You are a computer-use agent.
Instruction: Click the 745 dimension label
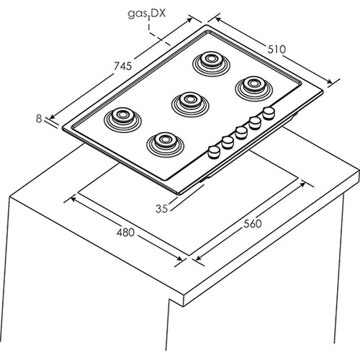(x=122, y=66)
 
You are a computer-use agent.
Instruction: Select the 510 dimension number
(x=276, y=49)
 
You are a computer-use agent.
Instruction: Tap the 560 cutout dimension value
(x=253, y=224)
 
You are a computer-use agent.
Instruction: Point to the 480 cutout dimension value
(x=125, y=233)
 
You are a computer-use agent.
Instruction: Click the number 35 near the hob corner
(x=161, y=209)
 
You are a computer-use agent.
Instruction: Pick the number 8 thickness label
(x=39, y=119)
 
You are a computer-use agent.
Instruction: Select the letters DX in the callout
(x=158, y=13)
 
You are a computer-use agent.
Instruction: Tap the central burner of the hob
(x=190, y=104)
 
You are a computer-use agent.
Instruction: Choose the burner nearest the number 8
(x=122, y=120)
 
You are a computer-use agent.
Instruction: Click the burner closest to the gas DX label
(x=212, y=63)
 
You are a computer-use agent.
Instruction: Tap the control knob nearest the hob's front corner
(x=214, y=152)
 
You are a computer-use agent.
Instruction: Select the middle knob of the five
(x=241, y=132)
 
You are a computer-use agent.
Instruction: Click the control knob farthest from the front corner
(x=269, y=113)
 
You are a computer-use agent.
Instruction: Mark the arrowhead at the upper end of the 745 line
(x=189, y=19)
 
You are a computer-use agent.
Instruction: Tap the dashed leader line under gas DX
(x=156, y=34)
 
